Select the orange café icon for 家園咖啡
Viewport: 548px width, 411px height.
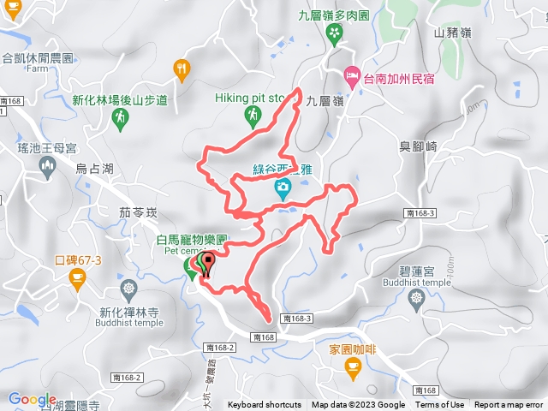pos(352,366)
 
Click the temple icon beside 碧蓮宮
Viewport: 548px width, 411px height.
pos(418,297)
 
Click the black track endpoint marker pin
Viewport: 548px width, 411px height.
pos(206,265)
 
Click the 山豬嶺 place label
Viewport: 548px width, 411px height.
pos(452,33)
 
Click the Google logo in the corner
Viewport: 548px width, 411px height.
pos(32,399)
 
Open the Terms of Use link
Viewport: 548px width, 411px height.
pos(439,405)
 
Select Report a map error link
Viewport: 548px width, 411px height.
pos(510,405)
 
